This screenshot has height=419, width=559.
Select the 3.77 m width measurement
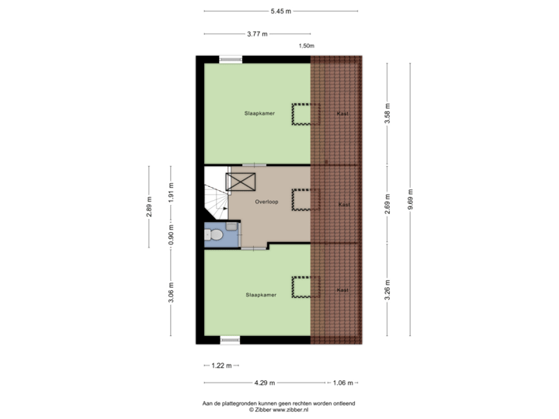tap(257, 34)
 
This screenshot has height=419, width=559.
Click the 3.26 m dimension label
tap(387, 290)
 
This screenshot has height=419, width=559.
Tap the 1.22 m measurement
tap(222, 365)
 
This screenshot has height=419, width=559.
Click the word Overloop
tap(266, 202)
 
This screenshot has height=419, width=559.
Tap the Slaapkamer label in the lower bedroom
tap(260, 295)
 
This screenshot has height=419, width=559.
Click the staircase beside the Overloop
tap(214, 202)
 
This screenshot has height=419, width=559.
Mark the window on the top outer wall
tap(230, 59)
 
